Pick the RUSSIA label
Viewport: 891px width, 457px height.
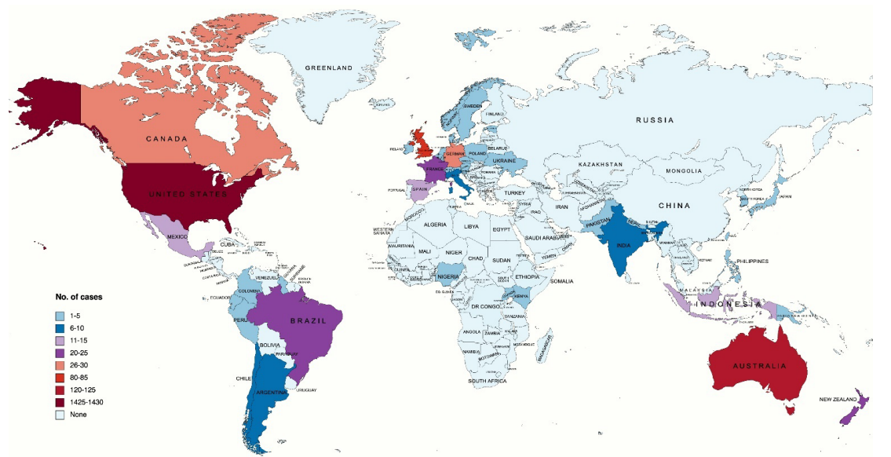655,120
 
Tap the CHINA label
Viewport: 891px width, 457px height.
674,206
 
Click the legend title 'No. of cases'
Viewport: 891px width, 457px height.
78,298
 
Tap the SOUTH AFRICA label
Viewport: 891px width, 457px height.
487,381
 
